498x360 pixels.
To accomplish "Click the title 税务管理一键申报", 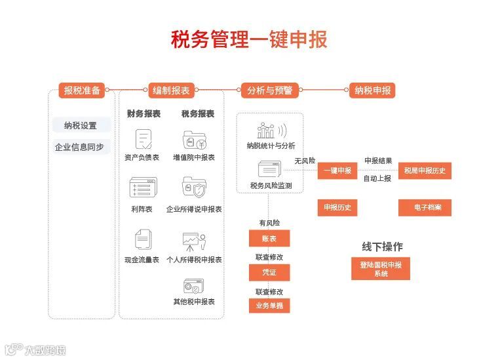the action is (249, 39).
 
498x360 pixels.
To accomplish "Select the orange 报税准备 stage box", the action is (82, 90).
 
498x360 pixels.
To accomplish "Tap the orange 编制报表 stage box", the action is (171, 90).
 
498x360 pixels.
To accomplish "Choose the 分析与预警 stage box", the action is (269, 90).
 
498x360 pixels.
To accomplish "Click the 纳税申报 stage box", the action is (372, 90).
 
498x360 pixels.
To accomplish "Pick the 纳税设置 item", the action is (81, 126).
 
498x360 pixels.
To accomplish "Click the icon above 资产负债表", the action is (143, 139).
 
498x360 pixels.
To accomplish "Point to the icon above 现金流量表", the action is (142, 239).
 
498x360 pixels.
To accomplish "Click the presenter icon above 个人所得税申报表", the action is (194, 242).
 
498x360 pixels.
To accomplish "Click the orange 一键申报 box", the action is (337, 170).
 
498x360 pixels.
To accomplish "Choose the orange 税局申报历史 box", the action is (425, 170).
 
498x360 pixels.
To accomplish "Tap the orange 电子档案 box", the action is (425, 208).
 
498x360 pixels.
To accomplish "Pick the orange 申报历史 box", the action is (337, 208).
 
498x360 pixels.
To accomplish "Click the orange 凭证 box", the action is (269, 272).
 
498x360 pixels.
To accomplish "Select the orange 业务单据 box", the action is (269, 305).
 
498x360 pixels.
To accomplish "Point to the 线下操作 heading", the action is (382, 247).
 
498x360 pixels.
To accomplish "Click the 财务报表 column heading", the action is (144, 113).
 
